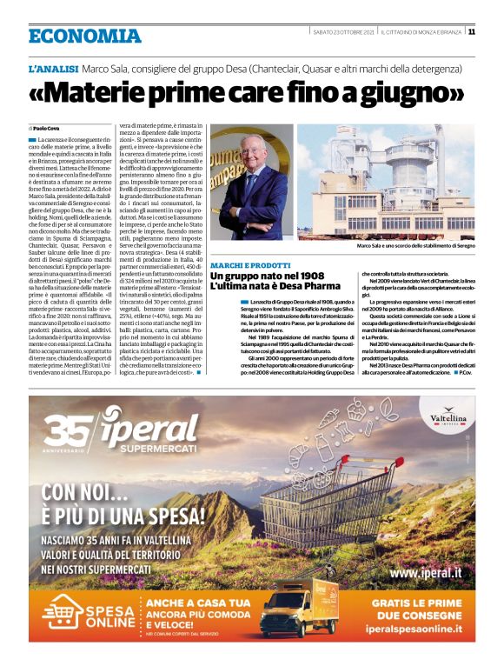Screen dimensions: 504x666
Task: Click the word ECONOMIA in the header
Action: click(84, 36)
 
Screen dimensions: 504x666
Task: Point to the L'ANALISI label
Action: click(54, 68)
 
